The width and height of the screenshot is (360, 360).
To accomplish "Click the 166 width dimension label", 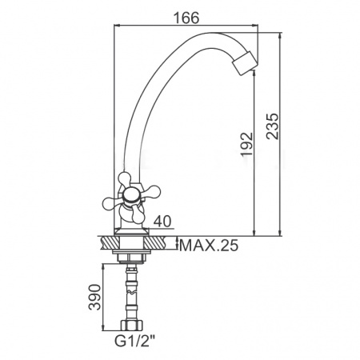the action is pyautogui.click(x=186, y=18).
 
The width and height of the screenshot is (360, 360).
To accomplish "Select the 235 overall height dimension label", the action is pyautogui.click(x=273, y=126).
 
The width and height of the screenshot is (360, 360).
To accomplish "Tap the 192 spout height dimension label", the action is pyautogui.click(x=246, y=144).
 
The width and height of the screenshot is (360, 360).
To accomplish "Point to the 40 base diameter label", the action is pyautogui.click(x=162, y=222).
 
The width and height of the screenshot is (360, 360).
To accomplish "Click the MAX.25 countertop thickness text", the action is pyautogui.click(x=209, y=245).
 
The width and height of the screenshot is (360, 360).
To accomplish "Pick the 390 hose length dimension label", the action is pyautogui.click(x=95, y=297).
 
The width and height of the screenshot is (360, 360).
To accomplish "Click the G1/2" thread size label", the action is pyautogui.click(x=134, y=341).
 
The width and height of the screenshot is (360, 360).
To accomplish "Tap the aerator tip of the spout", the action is pyautogui.click(x=246, y=63).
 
